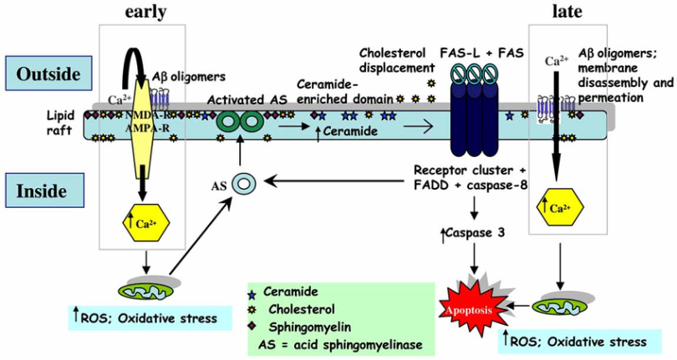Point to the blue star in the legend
tap(251, 294)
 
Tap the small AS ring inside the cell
tap(243, 182)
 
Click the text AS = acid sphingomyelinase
tap(338, 342)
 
